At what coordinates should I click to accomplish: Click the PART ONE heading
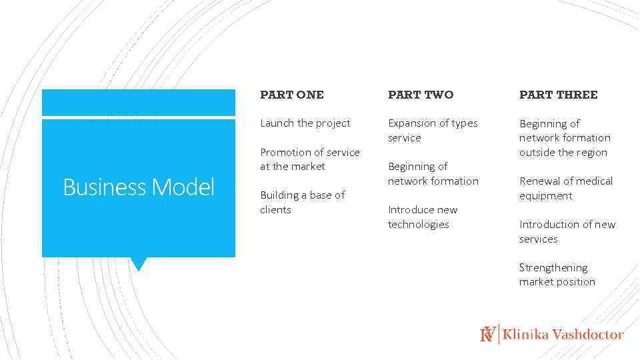pyautogui.click(x=291, y=95)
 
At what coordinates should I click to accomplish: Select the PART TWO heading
pyautogui.click(x=420, y=95)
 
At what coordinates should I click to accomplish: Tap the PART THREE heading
pyautogui.click(x=558, y=95)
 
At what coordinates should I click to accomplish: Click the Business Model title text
pyautogui.click(x=139, y=187)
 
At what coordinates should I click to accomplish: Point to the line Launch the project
pyautogui.click(x=305, y=123)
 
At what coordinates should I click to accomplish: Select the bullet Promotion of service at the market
pyautogui.click(x=309, y=159)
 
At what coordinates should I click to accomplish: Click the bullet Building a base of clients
pyautogui.click(x=302, y=202)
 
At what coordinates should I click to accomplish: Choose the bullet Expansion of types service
pyautogui.click(x=433, y=131)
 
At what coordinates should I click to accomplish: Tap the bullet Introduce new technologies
pyautogui.click(x=423, y=217)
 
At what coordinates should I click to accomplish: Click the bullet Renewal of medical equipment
pyautogui.click(x=565, y=188)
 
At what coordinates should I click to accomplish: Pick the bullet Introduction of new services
pyautogui.click(x=567, y=231)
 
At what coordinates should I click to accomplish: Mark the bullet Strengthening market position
pyautogui.click(x=557, y=275)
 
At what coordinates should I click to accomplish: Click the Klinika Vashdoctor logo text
pyautogui.click(x=563, y=335)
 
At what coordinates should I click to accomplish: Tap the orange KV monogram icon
pyautogui.click(x=488, y=334)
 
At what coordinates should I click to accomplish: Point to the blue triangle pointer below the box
pyautogui.click(x=138, y=263)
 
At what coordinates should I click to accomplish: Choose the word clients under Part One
pyautogui.click(x=275, y=210)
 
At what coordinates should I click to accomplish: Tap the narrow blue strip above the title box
pyautogui.click(x=139, y=103)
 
